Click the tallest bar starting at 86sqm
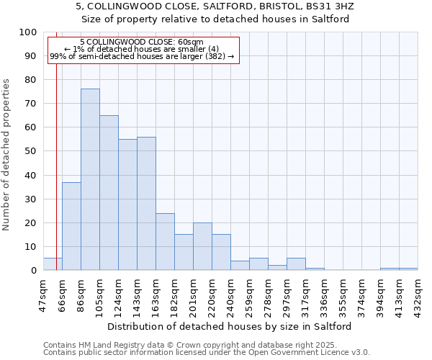(90, 180)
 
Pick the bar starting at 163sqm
(165, 242)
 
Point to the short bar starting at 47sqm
(53, 264)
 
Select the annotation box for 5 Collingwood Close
(142, 49)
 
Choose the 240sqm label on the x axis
(230, 294)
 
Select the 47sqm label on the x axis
(43, 293)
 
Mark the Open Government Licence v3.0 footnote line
(207, 353)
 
